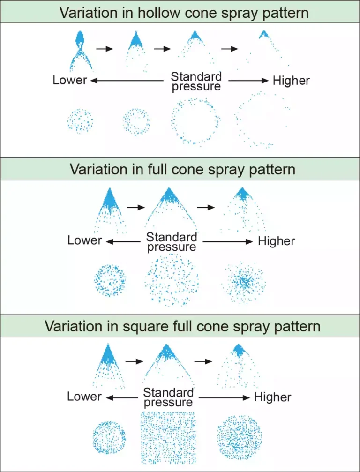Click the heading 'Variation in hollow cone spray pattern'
(184, 13)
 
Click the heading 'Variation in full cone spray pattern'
(182, 169)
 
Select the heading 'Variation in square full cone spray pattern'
(182, 326)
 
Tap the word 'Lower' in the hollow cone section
(70, 80)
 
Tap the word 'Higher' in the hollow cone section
(291, 81)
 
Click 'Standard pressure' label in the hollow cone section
(196, 81)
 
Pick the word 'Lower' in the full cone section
(84, 240)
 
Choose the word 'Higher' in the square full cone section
(272, 397)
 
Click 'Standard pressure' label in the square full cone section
(169, 397)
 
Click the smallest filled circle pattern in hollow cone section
(80, 121)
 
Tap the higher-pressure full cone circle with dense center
(245, 281)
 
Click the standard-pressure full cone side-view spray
(169, 206)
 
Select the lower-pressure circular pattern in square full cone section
(109, 437)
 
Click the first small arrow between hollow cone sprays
(105, 48)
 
